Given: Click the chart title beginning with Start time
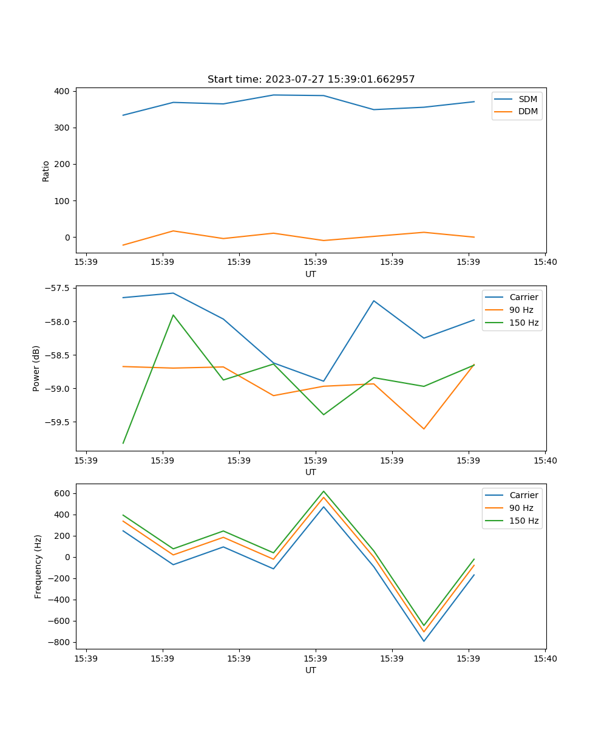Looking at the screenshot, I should pyautogui.click(x=311, y=80).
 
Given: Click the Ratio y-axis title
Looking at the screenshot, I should pyautogui.click(x=46, y=171).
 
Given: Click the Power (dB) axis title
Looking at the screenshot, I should pyautogui.click(x=36, y=368).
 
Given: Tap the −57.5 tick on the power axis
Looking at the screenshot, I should pyautogui.click(x=57, y=288).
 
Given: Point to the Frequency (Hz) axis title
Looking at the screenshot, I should pyautogui.click(x=38, y=566).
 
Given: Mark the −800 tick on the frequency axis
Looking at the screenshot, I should pyautogui.click(x=59, y=642).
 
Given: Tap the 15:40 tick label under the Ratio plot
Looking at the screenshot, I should pyautogui.click(x=544, y=262).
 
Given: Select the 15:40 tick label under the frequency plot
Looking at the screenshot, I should pyautogui.click(x=544, y=659).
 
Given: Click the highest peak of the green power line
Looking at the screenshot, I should pyautogui.click(x=173, y=315).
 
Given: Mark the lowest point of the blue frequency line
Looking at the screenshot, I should pyautogui.click(x=424, y=641).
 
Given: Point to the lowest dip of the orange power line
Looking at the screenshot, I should pyautogui.click(x=424, y=429).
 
